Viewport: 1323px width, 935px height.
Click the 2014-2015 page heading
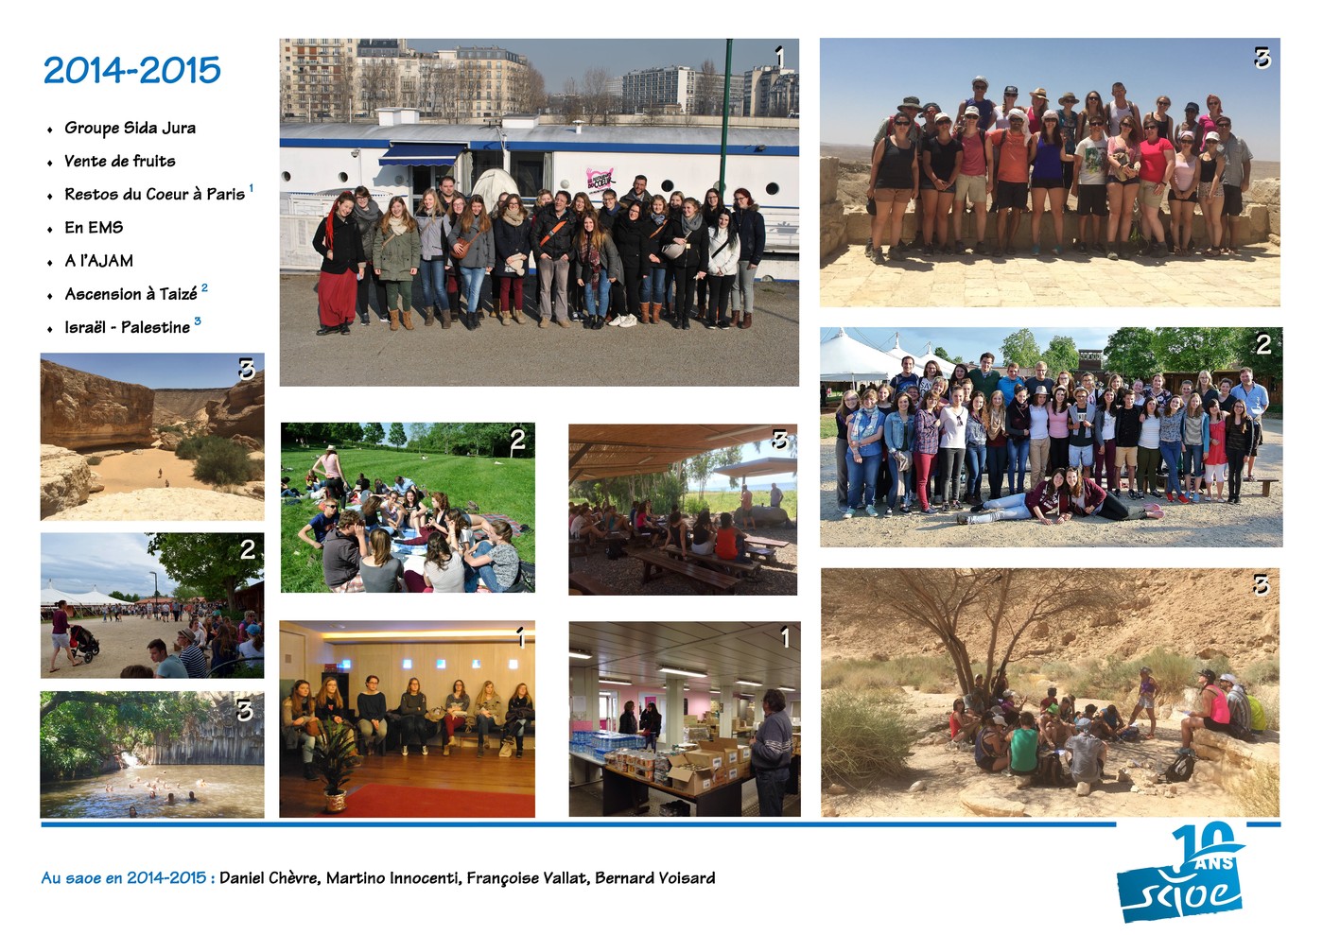[132, 70]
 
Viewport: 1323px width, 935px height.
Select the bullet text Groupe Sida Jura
[130, 128]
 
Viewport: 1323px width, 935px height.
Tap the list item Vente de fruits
[120, 161]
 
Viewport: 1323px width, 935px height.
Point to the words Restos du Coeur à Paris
[155, 194]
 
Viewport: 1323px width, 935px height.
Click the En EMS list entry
[94, 227]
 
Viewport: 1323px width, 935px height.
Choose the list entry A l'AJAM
[98, 261]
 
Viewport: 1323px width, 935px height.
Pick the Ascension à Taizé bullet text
[131, 294]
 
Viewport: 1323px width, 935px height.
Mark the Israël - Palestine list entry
[128, 327]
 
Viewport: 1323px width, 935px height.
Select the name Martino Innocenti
[393, 878]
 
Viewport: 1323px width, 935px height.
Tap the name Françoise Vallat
[528, 878]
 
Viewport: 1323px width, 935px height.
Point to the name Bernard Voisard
[655, 878]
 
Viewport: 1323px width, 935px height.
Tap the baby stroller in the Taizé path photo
[84, 644]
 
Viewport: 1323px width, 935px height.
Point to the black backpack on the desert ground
[1179, 768]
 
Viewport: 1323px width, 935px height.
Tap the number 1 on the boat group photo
[779, 58]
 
